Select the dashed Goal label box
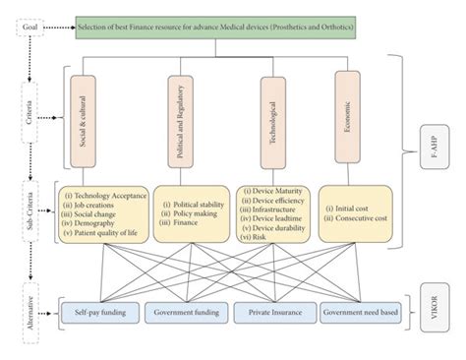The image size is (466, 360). pyautogui.click(x=28, y=29)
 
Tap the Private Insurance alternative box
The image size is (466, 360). pyautogui.click(x=271, y=314)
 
